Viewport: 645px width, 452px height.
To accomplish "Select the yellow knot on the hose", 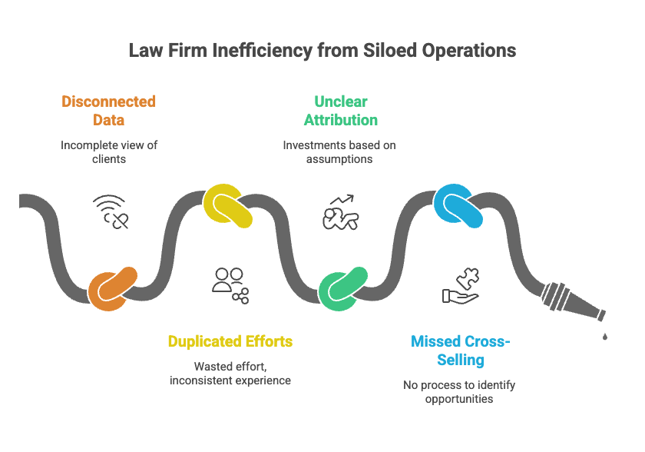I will [x=229, y=205].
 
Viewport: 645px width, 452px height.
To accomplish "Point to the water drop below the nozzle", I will [x=605, y=336].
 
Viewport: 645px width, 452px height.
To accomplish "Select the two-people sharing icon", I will [x=230, y=284].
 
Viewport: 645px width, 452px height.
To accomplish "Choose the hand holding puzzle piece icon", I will [x=461, y=286].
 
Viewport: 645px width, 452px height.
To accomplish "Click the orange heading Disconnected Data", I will [x=108, y=111].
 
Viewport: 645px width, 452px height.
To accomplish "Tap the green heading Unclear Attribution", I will [x=340, y=111].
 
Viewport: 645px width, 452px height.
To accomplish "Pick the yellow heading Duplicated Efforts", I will [x=230, y=341].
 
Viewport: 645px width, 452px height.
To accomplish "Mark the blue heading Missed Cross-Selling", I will [x=459, y=350].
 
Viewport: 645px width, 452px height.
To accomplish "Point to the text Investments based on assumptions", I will [x=339, y=151].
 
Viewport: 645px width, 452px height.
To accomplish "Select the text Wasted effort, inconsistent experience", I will [x=230, y=373].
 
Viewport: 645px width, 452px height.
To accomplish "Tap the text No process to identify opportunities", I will [x=459, y=391].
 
